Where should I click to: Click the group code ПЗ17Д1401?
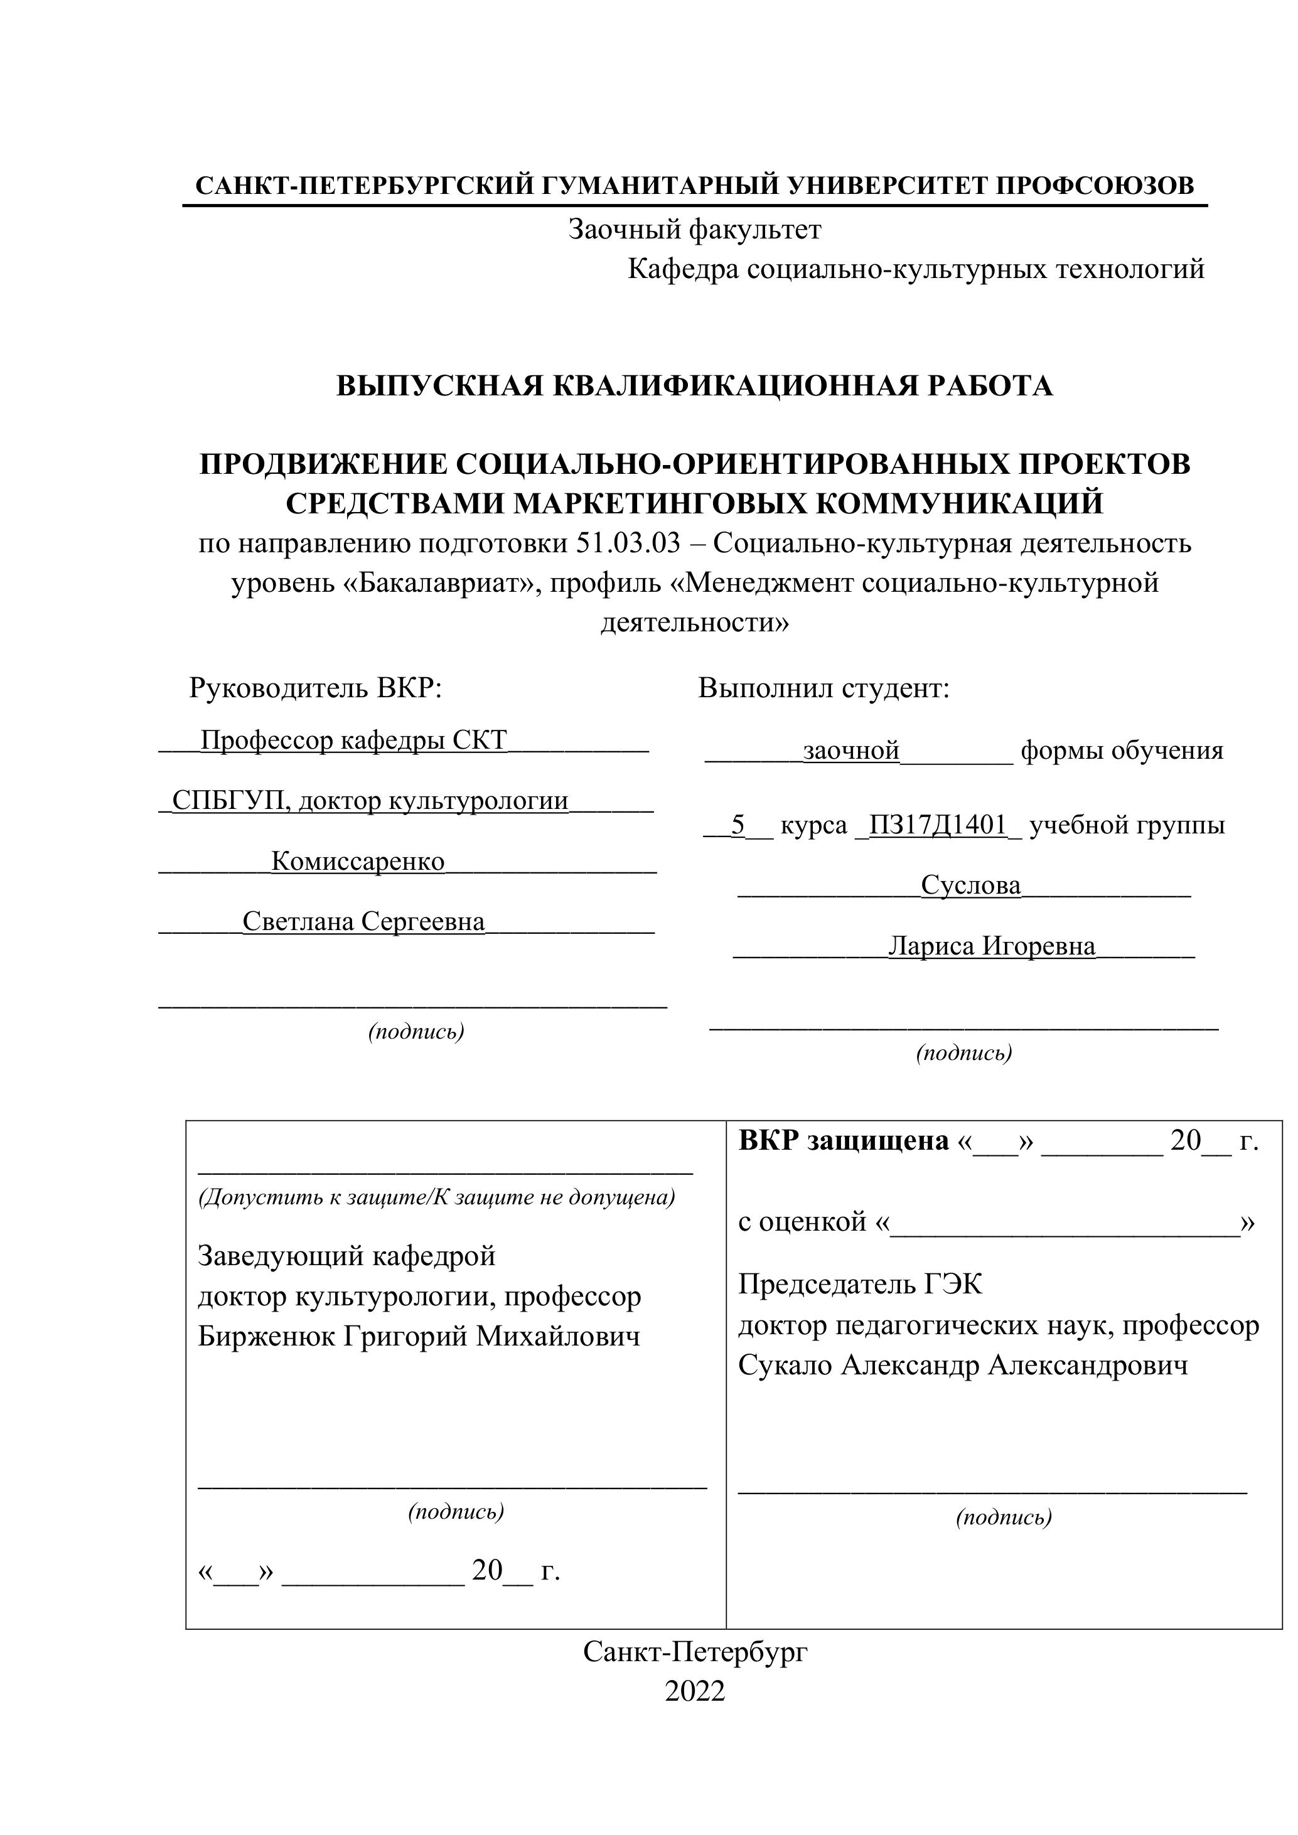pyautogui.click(x=938, y=824)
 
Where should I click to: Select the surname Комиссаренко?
pyautogui.click(x=357, y=861)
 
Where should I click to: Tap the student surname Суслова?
pyautogui.click(x=970, y=885)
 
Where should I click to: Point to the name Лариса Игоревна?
pyautogui.click(x=991, y=946)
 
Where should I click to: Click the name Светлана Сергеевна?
pyautogui.click(x=363, y=921)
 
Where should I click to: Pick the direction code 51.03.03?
pyautogui.click(x=628, y=543)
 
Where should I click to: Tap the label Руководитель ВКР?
pyautogui.click(x=315, y=687)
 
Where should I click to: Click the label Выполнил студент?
pyautogui.click(x=823, y=687)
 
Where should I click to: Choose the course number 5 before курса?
pyautogui.click(x=737, y=824)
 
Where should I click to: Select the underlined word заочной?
pyautogui.click(x=851, y=751)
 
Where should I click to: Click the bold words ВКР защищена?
pyautogui.click(x=843, y=1140)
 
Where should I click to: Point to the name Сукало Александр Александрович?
pyautogui.click(x=962, y=1365)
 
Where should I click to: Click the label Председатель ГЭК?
pyautogui.click(x=860, y=1285)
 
